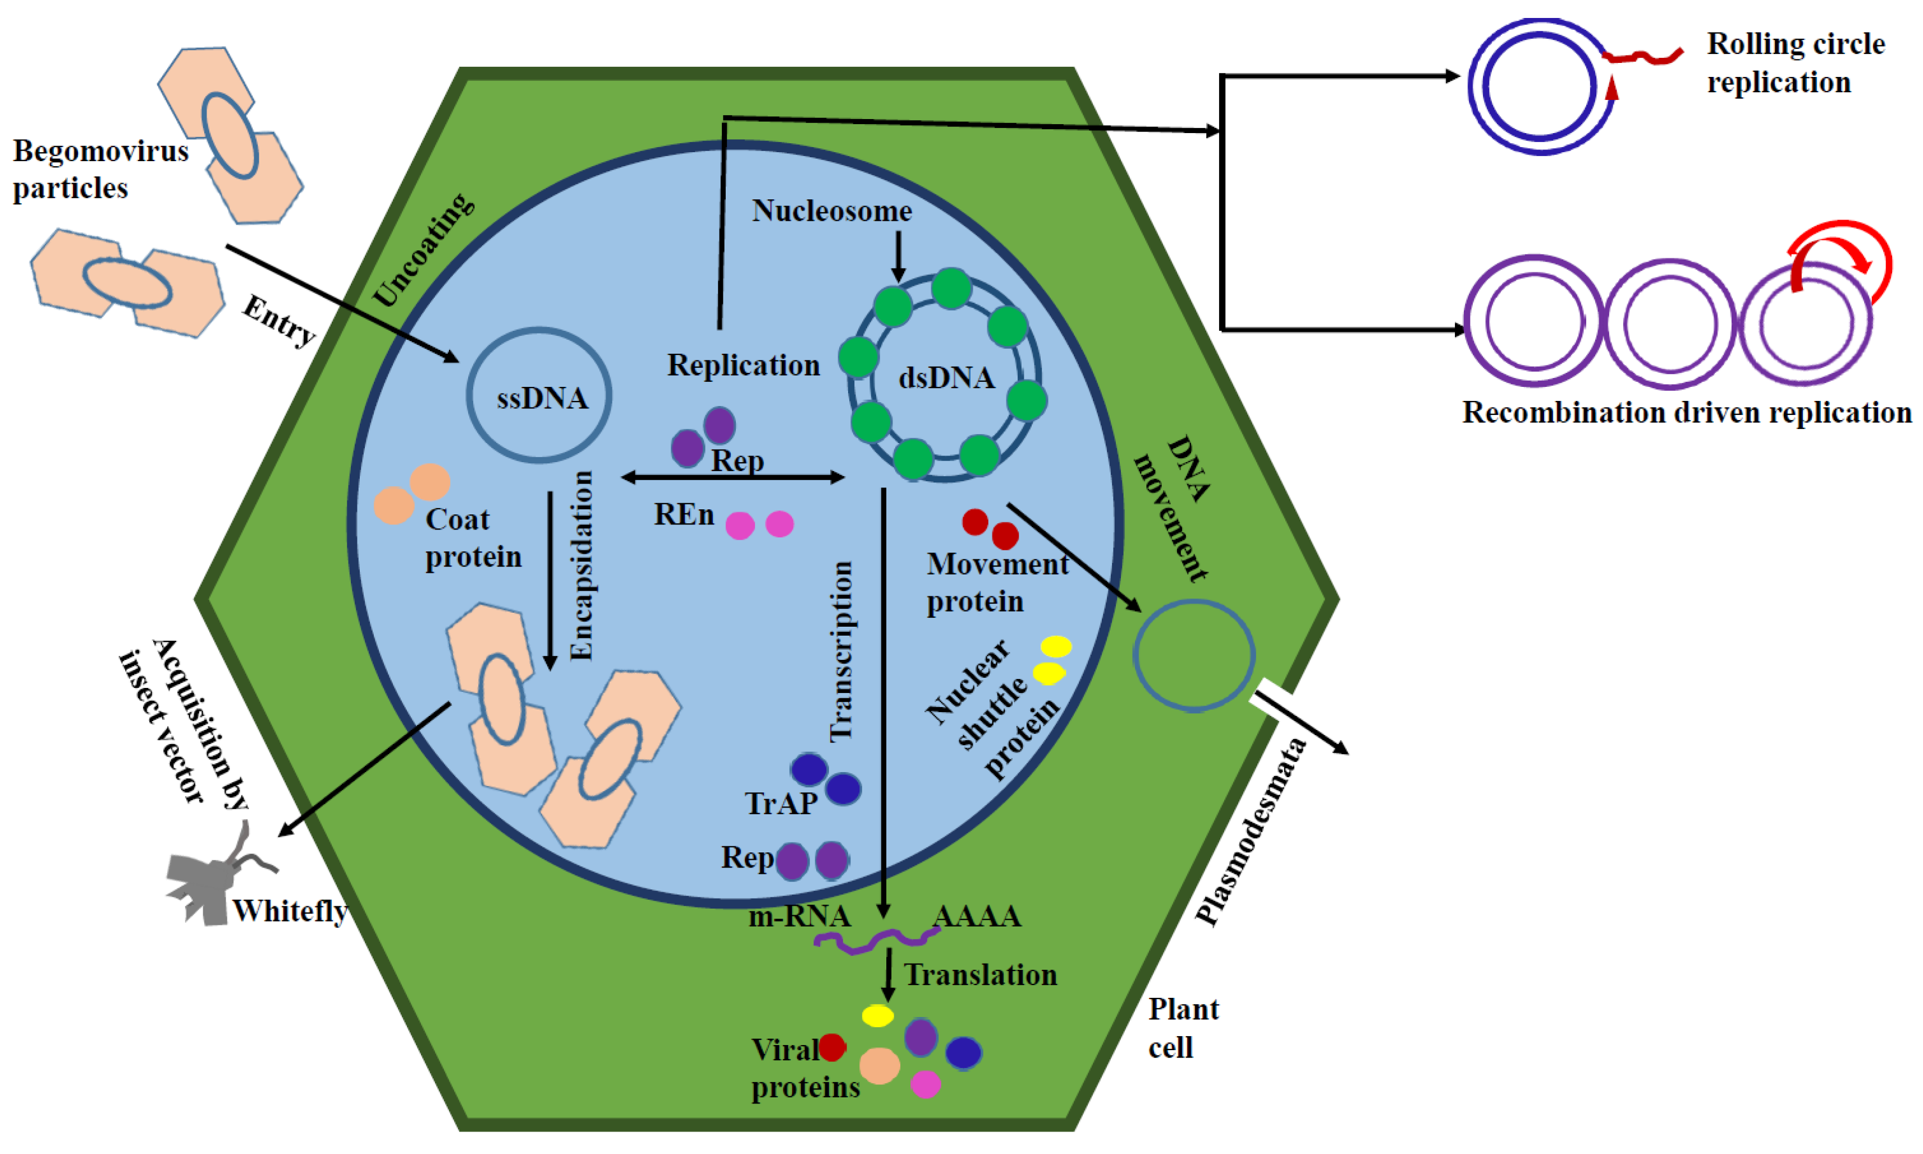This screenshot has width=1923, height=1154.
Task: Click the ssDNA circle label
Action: tap(542, 398)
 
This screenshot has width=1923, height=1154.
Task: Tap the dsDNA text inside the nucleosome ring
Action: tap(946, 378)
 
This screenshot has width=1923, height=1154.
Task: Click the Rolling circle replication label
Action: tap(1794, 62)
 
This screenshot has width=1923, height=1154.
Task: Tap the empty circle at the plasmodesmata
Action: tap(1193, 655)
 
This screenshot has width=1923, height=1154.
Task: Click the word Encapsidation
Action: tap(582, 565)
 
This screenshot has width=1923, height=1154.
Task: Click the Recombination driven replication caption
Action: tap(1686, 412)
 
